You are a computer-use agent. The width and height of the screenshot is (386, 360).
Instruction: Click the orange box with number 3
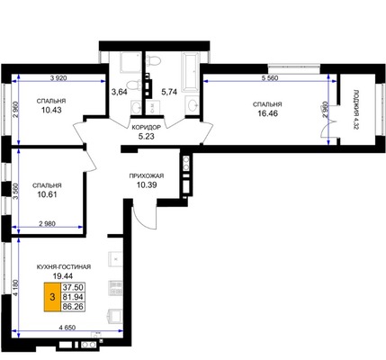click(x=52, y=297)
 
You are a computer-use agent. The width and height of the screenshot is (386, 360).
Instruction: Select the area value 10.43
click(x=51, y=110)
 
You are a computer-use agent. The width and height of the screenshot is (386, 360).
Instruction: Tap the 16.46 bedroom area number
click(x=267, y=113)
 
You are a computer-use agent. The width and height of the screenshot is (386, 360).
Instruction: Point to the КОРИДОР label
click(x=147, y=127)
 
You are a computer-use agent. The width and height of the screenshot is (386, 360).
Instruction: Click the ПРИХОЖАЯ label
click(x=147, y=176)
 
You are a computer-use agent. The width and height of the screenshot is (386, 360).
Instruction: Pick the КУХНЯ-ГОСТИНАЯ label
click(x=64, y=266)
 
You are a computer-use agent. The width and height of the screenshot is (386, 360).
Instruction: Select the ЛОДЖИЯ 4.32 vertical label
click(x=356, y=109)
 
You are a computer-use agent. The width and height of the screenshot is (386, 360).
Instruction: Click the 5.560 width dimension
click(x=270, y=78)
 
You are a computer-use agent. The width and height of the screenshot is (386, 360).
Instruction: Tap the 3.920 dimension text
click(x=58, y=78)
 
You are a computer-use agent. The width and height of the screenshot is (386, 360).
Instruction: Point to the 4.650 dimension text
click(x=67, y=328)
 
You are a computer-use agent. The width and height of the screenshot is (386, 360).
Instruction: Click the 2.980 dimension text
click(x=48, y=223)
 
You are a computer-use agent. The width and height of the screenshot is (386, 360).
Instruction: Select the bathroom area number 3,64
click(x=120, y=92)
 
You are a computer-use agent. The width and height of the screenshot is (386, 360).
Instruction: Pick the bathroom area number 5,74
click(x=169, y=92)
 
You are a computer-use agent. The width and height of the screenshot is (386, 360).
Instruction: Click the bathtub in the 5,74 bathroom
click(x=190, y=72)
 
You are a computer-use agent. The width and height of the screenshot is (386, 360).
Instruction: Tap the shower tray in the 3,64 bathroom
click(x=130, y=62)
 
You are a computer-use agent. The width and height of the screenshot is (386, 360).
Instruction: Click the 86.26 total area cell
click(x=73, y=307)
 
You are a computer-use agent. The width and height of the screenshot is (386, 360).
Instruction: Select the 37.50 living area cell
click(x=73, y=287)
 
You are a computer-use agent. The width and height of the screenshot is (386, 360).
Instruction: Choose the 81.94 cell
click(x=73, y=297)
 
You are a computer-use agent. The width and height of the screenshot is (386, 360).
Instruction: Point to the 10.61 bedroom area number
click(x=48, y=194)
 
